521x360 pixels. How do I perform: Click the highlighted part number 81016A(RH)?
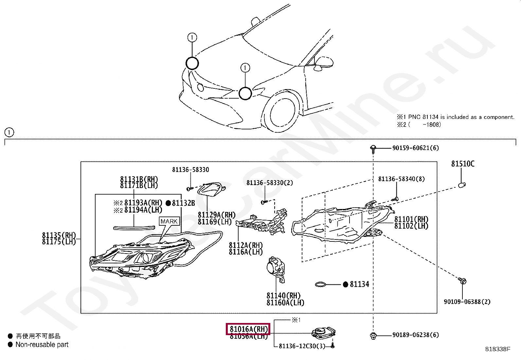point(248,329)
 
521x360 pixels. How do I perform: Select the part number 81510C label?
point(462,164)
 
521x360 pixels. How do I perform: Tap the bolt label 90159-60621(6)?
point(415,148)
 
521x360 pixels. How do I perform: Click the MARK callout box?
point(169,221)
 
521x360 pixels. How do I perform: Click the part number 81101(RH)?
point(411,219)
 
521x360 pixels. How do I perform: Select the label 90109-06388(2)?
point(467,302)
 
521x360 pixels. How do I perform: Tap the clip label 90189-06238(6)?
point(415,335)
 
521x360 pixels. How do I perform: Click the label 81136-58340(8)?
point(401,179)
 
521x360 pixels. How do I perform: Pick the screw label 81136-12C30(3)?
point(302,346)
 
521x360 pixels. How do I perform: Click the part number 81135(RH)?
point(59,235)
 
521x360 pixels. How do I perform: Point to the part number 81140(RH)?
point(283,296)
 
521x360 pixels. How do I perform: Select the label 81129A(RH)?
point(216,215)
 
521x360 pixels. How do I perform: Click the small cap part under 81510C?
point(461,185)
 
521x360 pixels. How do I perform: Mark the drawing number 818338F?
point(497,349)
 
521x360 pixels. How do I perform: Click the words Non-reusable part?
point(42,345)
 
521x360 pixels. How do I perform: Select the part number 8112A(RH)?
point(245,245)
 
